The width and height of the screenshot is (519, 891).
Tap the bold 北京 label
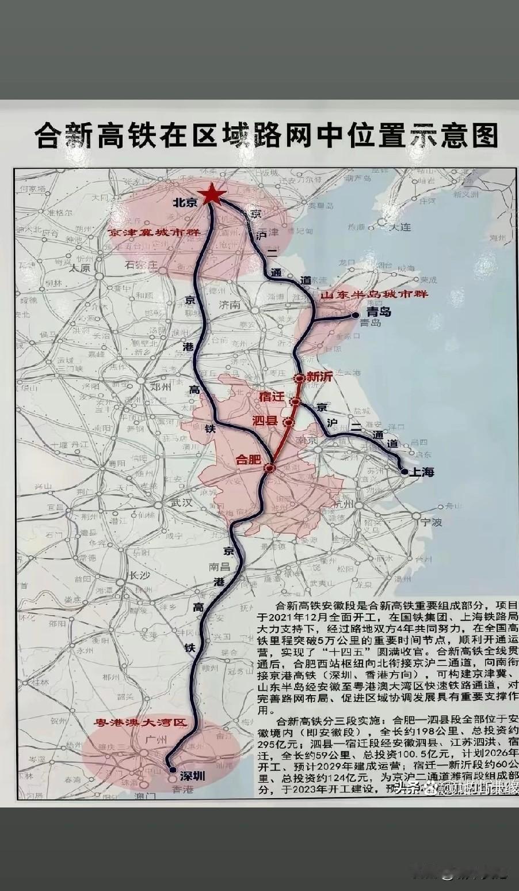(185, 203)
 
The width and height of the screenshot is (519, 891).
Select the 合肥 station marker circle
(269, 468)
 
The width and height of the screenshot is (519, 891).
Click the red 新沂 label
(319, 378)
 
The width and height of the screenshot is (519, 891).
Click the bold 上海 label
(421, 472)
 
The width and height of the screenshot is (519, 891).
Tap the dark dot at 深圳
(172, 769)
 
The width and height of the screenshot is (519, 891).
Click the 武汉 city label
(180, 502)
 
